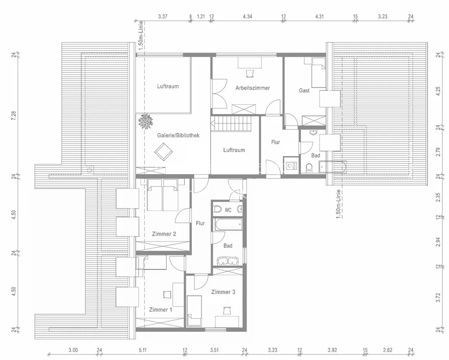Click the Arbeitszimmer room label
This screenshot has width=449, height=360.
pos(252,88)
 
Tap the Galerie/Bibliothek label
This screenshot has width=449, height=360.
pos(178,136)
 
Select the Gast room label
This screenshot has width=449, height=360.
pos(304,90)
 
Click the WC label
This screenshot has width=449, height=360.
pos(228,210)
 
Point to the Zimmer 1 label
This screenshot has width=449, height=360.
pos(161,310)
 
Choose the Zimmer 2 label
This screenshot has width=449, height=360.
pos(164,234)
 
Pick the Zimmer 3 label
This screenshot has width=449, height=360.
pos(223,292)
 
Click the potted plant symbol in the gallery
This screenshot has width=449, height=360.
pos(146,121)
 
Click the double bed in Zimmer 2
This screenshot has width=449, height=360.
pos(162,195)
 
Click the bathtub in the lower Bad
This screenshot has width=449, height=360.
pos(229,224)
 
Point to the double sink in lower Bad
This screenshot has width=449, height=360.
pos(228,261)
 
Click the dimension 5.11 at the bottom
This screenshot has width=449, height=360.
pos(142,350)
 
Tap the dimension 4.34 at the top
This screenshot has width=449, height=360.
pos(247,16)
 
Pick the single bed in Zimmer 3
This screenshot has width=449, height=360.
pos(194,311)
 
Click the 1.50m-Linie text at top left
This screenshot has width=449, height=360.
pos(140,35)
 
